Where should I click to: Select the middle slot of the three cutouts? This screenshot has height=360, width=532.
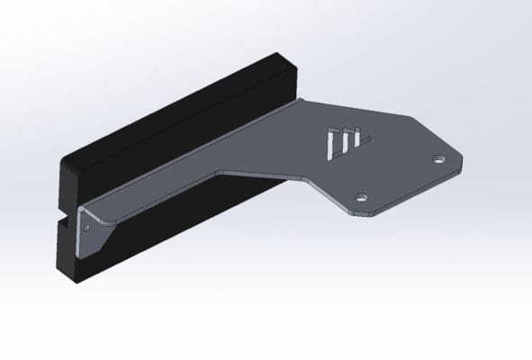click(346, 141)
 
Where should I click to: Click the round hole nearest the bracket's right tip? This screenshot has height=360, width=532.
click(438, 159)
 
